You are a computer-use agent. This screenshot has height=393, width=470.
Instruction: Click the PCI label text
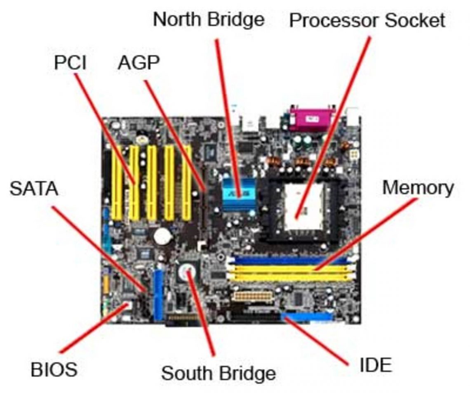point(70,63)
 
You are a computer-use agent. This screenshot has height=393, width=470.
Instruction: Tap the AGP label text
point(139,63)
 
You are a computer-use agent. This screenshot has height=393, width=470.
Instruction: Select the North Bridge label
point(209,19)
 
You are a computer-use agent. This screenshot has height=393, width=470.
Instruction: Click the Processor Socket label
point(367,20)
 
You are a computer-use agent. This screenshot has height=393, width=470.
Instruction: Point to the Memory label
point(418,188)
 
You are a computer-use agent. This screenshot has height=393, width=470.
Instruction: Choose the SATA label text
point(34,189)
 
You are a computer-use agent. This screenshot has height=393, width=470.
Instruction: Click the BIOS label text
point(54,369)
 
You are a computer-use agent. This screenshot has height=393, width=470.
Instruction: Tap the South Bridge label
point(218,373)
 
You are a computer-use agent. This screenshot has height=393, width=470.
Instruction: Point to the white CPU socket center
point(304,206)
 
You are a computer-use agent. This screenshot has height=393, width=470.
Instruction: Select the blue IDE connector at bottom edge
point(307,317)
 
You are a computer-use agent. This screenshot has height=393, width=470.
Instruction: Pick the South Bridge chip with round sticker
point(188,272)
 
